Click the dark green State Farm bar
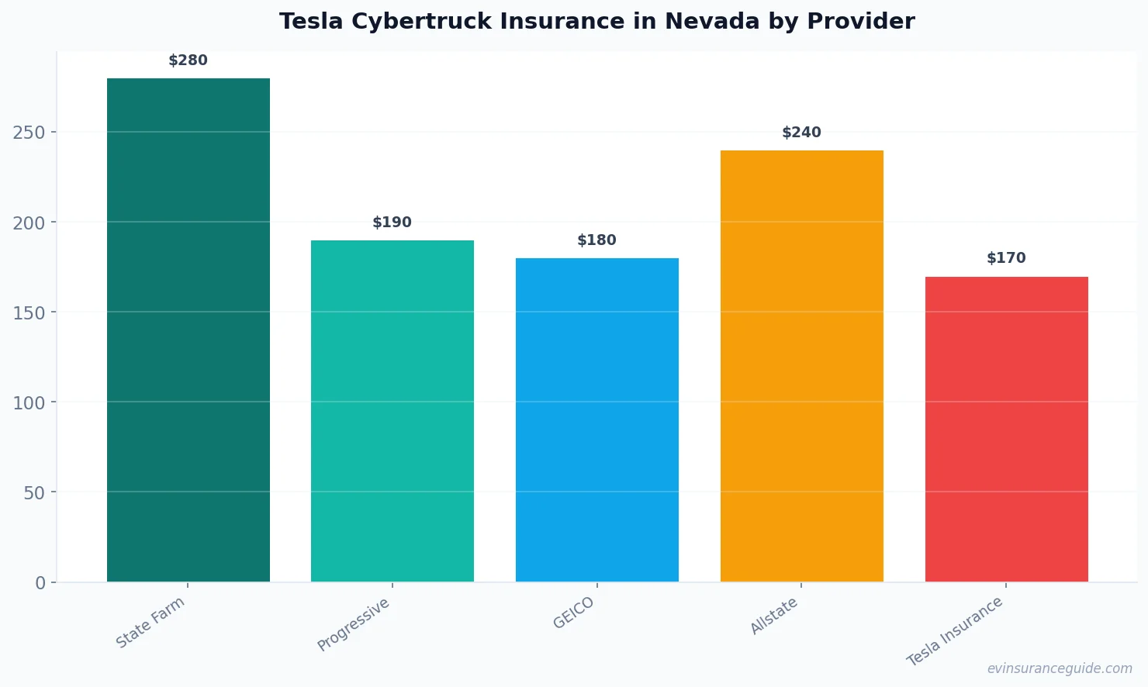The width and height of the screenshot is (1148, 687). pos(188,330)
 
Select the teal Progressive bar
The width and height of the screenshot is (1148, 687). pos(392,411)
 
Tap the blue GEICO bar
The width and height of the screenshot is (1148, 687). pos(597,419)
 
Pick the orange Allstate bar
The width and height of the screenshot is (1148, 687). pos(801,366)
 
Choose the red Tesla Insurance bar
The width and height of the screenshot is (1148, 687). pos(1006,429)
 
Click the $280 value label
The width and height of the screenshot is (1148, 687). pos(188,60)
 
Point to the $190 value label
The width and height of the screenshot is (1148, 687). pos(392,223)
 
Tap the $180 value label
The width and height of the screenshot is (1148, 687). pos(597,240)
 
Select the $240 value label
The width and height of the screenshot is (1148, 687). pos(801,133)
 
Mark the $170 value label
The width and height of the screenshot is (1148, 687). pos(1006,258)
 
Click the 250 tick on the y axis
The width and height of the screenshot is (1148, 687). pos(29,133)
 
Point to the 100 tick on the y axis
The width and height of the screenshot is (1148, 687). pos(29,402)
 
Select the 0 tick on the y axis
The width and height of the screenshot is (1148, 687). pos(40,583)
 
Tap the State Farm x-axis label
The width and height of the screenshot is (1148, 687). pos(150,623)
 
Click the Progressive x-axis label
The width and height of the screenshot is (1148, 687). pos(354,625)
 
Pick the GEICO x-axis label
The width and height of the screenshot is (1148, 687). pos(574,613)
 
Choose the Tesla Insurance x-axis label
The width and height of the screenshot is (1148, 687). pos(955,632)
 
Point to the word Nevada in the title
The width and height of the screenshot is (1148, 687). pos(711,22)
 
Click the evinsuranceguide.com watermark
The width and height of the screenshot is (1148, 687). pos(1060,668)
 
